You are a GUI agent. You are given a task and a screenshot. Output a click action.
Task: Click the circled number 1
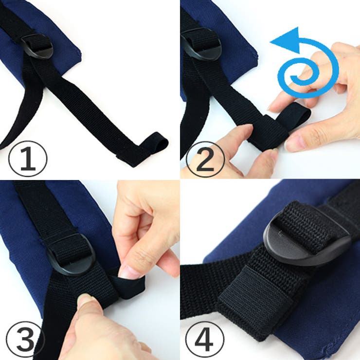[x=28, y=159]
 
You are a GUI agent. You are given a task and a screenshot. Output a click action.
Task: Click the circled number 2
[x=205, y=159]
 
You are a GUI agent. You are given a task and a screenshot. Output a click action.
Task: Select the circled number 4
[x=205, y=340]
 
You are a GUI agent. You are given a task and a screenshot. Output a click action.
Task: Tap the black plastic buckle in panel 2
[x=202, y=45]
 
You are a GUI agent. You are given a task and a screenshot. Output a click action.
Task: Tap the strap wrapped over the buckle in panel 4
[x=303, y=225]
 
